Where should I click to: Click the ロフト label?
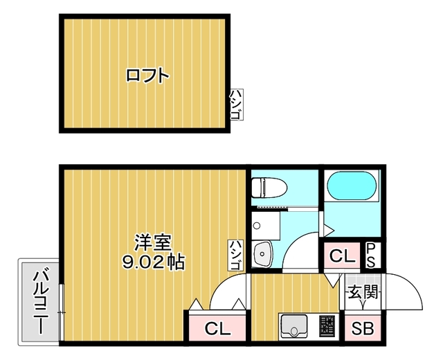point(147,75)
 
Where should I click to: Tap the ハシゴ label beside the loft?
point(235,105)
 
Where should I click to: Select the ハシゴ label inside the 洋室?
point(235,255)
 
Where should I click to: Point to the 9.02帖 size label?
point(153,262)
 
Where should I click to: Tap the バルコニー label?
point(39,302)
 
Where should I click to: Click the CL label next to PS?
point(341,256)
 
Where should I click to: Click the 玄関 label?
point(361,293)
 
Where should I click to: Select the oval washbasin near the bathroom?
point(262,255)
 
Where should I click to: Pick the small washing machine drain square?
point(255,225)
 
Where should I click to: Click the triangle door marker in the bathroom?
point(329,228)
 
